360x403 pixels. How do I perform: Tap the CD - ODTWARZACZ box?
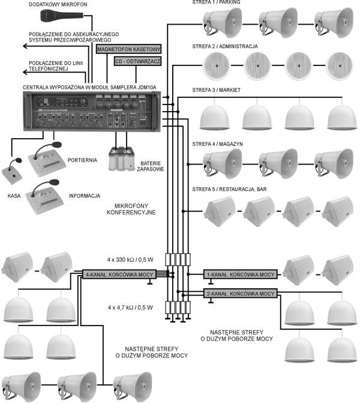coord(139,61)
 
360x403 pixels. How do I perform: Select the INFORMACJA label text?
coord(85,196)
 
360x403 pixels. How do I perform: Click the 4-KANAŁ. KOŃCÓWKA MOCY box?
coord(119,274)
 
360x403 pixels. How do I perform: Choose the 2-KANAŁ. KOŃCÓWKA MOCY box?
coord(240,294)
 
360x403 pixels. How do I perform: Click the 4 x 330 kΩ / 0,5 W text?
coord(130,260)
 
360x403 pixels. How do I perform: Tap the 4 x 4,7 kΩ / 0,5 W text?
coord(130,308)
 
